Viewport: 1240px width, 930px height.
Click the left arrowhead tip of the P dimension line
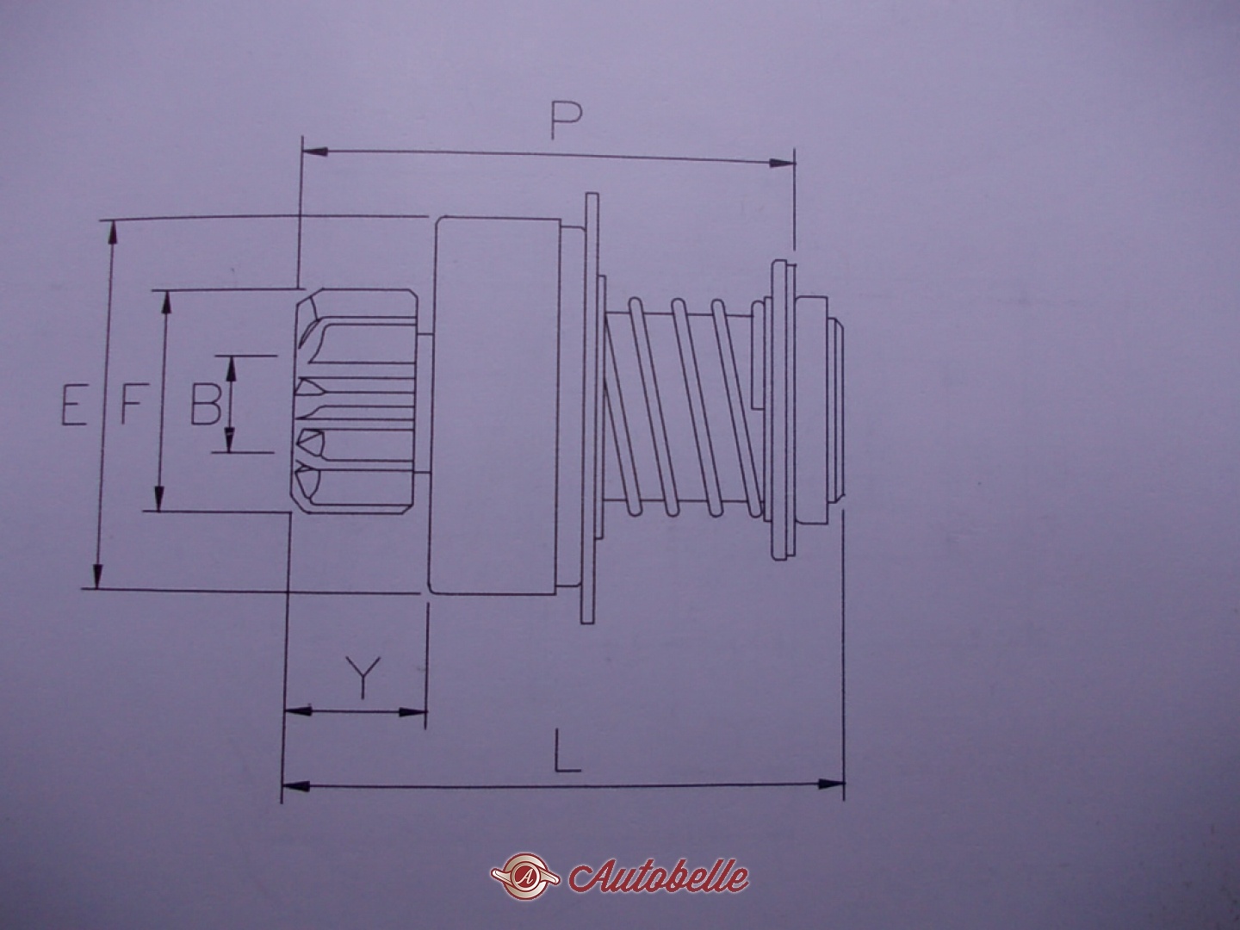coord(303,152)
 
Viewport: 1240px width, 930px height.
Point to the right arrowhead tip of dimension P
coord(795,164)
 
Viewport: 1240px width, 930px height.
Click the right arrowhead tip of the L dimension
coord(845,784)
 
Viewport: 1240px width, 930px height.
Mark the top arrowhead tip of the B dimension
coord(231,356)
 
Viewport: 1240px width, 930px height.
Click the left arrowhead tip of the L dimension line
coord(282,784)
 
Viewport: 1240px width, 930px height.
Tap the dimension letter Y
coord(362,678)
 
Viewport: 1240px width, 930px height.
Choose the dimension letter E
coord(73,405)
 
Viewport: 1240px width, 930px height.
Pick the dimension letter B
coord(205,405)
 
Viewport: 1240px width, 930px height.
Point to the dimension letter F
coord(133,405)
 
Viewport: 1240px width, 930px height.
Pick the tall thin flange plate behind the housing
coord(591,407)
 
